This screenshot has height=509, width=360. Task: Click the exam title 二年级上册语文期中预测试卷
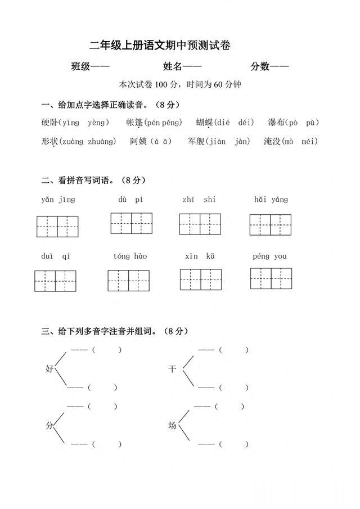point(160,46)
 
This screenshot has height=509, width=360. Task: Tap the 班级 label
point(81,67)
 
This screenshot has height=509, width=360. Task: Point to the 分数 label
point(260,67)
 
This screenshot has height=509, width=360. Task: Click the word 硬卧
point(49,123)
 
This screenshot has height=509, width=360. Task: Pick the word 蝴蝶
point(205,123)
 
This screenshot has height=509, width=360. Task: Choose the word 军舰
point(196,141)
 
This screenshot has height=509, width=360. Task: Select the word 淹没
point(272,141)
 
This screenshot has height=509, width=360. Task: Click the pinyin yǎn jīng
point(58,200)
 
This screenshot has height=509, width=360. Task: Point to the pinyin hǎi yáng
point(271,200)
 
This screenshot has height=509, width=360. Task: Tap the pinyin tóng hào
point(130,256)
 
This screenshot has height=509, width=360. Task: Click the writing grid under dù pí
point(132,223)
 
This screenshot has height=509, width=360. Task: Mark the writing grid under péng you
point(271,278)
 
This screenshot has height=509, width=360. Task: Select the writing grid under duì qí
point(55,281)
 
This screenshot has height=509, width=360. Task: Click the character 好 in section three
point(49,369)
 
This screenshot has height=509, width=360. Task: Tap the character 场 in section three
point(172,426)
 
